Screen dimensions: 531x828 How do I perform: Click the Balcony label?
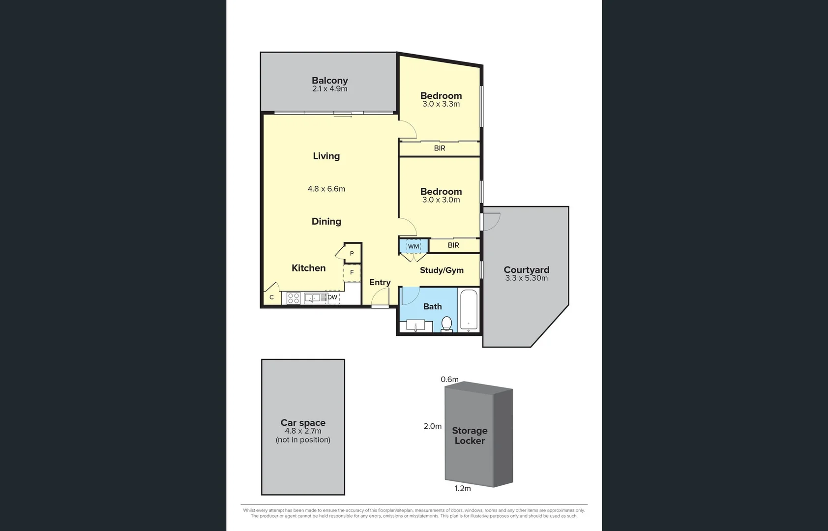[329, 81]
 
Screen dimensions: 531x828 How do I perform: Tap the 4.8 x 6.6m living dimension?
[326, 189]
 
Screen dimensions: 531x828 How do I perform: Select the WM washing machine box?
[414, 246]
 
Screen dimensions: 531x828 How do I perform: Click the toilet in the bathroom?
[446, 324]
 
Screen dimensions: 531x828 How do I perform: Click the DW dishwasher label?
[333, 297]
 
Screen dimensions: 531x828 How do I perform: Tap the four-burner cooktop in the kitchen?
[294, 298]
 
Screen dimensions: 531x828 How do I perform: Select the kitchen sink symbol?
[315, 298]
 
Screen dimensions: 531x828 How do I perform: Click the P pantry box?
[352, 253]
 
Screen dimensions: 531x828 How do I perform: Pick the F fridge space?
[352, 272]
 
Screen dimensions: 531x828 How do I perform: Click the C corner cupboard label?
[271, 297]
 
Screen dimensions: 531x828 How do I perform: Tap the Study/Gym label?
[442, 270]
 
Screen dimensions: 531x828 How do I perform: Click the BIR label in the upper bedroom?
[440, 148]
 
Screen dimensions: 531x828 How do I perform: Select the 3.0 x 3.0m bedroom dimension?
[441, 200]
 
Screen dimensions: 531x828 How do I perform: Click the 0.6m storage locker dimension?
[449, 379]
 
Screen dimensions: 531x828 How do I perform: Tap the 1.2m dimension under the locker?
[463, 488]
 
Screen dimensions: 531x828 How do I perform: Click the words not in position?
[303, 440]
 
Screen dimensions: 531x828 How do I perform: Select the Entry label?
[380, 282]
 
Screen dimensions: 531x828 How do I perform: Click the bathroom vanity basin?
[416, 326]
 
